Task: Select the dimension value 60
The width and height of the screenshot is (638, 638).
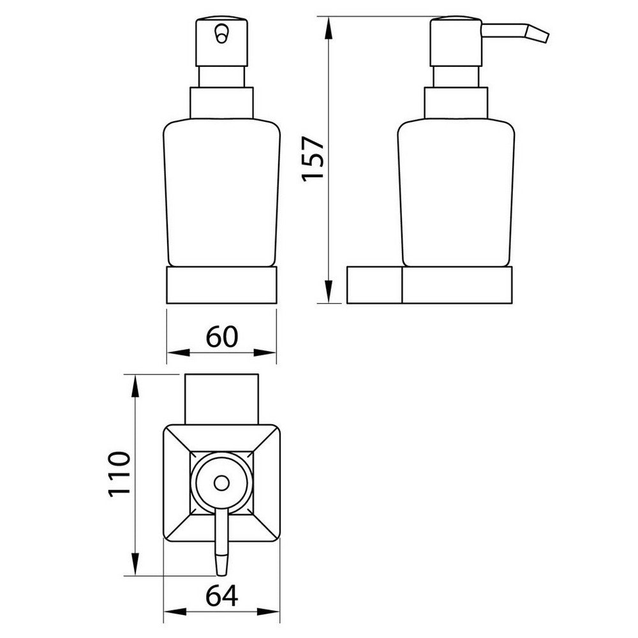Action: click(221, 336)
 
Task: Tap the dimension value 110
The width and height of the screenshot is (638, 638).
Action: click(119, 476)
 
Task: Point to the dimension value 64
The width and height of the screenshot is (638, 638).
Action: click(222, 597)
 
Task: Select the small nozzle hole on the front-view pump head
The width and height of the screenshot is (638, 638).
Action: click(221, 33)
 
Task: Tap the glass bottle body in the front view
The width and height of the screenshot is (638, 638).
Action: click(221, 191)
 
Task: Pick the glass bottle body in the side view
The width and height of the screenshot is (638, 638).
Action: click(456, 191)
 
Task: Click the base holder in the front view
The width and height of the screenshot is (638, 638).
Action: click(221, 285)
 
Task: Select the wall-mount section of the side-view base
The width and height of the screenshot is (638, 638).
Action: click(375, 285)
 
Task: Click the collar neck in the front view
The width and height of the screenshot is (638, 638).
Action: click(221, 103)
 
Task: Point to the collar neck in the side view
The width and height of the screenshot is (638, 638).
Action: click(456, 103)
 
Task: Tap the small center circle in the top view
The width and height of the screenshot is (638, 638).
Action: click(221, 484)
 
